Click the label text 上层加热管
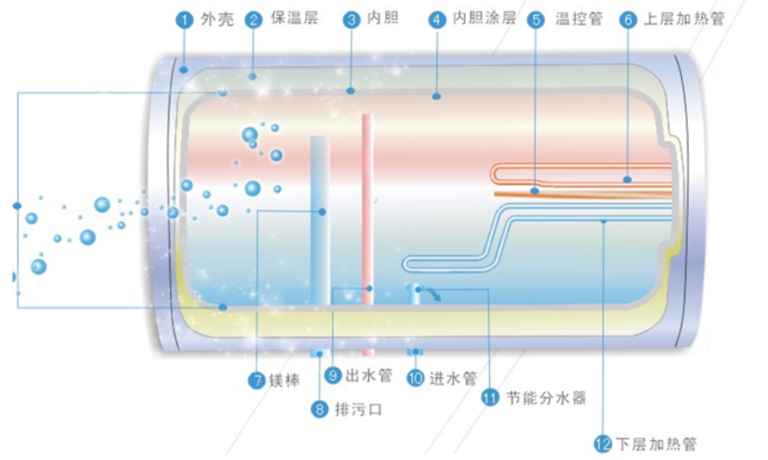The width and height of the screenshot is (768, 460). [684, 18]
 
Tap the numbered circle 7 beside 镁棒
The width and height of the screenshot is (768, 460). [257, 380]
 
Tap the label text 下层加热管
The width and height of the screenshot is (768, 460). [656, 444]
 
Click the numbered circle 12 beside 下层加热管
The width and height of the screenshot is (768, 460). [603, 445]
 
